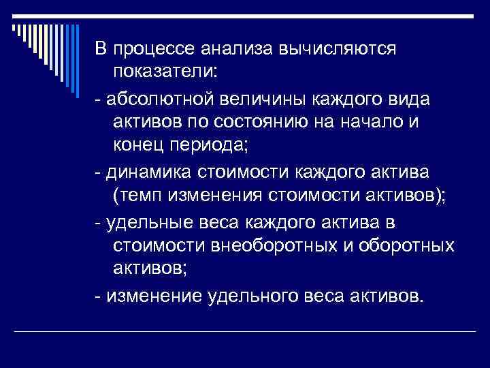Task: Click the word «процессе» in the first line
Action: point(155,50)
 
